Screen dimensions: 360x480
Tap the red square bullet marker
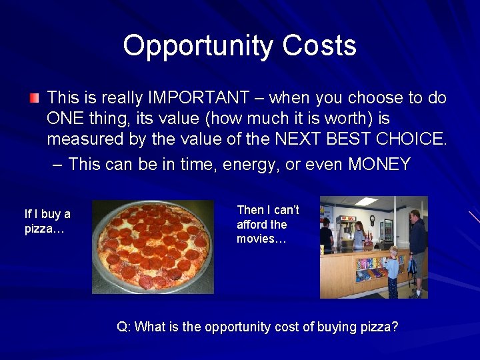[34, 99]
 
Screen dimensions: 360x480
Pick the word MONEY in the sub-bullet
[379, 164]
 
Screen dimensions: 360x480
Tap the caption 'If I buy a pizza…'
[47, 221]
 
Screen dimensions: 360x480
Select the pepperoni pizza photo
[153, 247]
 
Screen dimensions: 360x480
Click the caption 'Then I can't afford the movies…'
[268, 224]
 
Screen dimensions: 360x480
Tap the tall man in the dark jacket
[417, 247]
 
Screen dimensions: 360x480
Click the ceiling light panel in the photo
[365, 201]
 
